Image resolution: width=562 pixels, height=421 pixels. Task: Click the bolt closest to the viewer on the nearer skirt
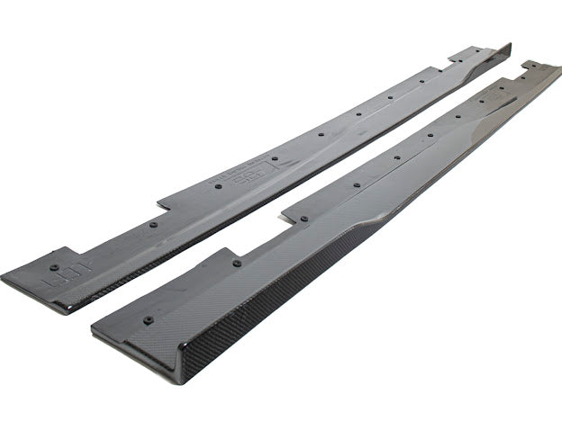click(148, 318)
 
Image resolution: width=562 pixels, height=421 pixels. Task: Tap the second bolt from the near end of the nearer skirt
click(237, 264)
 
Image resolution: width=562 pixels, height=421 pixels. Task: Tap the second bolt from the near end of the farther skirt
click(153, 224)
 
